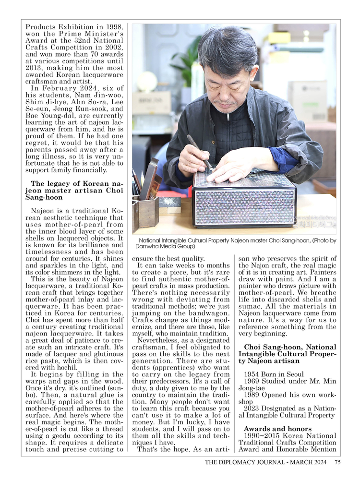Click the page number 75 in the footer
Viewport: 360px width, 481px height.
coord(337,462)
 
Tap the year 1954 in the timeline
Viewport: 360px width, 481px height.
coord(252,373)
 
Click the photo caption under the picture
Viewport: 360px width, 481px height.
coord(237,243)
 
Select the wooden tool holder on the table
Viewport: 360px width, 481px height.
coord(145,211)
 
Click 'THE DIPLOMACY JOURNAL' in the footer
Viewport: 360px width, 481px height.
coord(246,462)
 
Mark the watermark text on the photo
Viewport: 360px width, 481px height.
coord(315,221)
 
